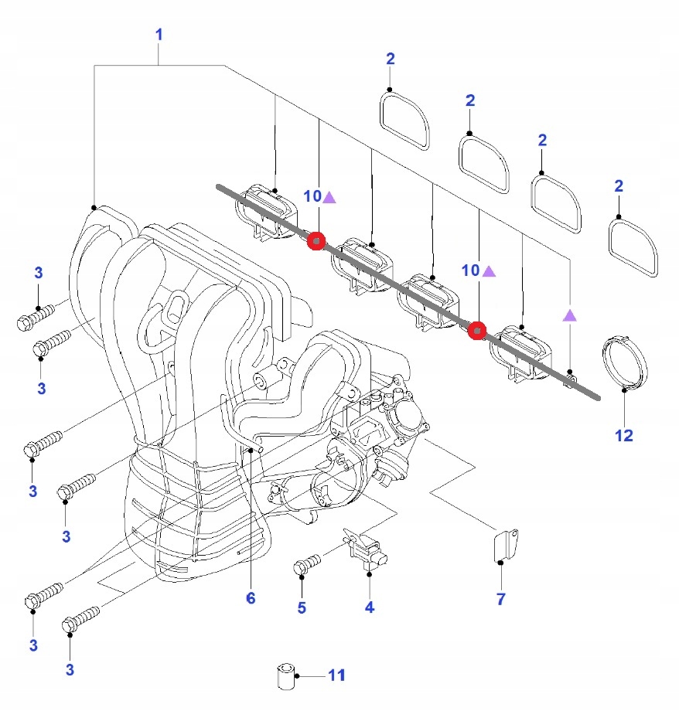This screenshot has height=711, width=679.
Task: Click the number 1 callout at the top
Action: [x=159, y=35]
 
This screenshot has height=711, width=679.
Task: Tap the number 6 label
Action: [x=251, y=598]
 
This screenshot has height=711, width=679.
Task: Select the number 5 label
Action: [x=302, y=607]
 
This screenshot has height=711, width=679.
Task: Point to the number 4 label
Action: [x=370, y=607]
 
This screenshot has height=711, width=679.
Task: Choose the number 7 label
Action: [x=500, y=599]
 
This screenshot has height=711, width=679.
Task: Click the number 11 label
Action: [x=335, y=675]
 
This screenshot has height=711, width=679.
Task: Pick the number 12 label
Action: [x=624, y=436]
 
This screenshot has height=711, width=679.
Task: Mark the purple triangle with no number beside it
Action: [x=570, y=315]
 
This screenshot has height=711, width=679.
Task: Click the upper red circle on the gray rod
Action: [x=316, y=242]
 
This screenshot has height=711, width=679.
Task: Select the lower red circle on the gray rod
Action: [x=478, y=332]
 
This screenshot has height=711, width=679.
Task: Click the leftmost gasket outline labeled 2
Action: [x=405, y=121]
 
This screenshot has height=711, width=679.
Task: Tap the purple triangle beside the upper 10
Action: [x=329, y=197]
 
